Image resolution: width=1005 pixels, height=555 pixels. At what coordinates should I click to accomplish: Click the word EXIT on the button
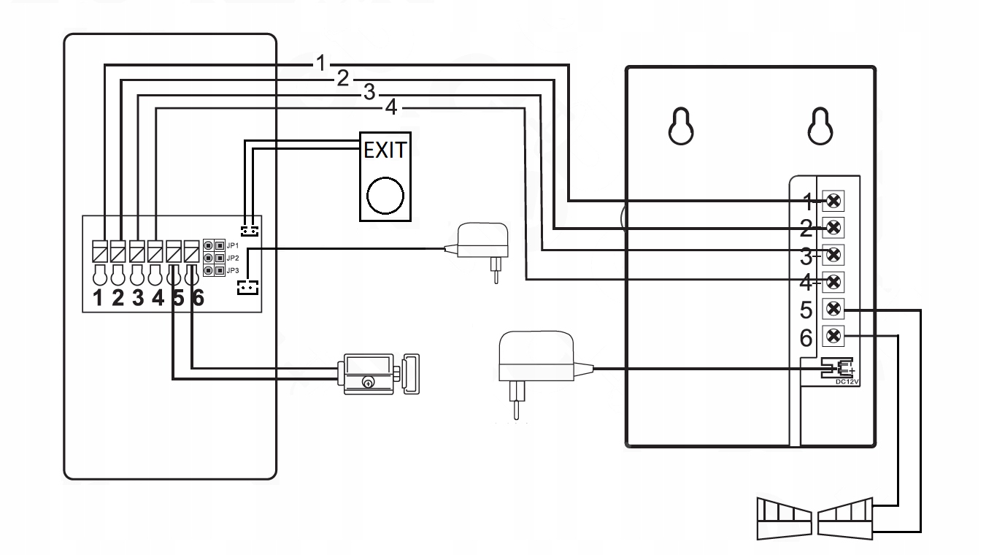385,152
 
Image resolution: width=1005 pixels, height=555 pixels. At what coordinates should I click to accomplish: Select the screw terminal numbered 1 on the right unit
833,200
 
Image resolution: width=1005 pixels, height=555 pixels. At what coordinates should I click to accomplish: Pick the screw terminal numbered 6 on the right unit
833,336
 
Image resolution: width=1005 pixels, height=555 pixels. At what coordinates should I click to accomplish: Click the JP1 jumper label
233,245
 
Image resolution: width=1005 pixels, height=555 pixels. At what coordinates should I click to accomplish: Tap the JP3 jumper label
233,270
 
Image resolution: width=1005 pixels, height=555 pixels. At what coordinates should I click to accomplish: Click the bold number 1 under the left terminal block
99,299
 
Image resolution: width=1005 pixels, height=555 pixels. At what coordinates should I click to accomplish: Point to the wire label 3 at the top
369,93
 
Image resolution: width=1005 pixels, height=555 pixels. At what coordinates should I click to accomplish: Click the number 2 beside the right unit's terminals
806,229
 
